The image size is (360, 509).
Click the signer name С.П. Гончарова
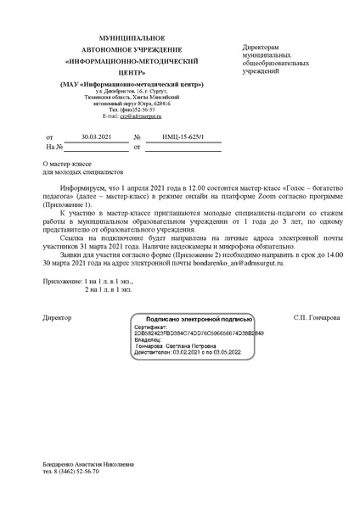(x=314, y=317)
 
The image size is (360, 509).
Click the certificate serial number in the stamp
(x=199, y=333)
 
